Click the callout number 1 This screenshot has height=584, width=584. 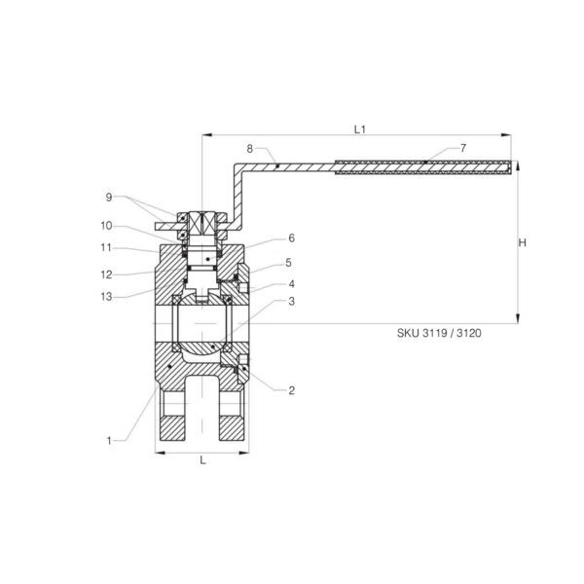click(x=109, y=441)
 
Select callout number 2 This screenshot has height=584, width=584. click(x=292, y=390)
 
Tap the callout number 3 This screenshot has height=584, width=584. click(x=292, y=301)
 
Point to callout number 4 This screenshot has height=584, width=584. click(x=292, y=284)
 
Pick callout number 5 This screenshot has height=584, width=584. click(x=289, y=263)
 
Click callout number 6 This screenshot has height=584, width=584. click(x=292, y=238)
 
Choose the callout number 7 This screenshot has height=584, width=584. click(x=463, y=148)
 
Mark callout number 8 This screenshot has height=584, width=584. click(x=250, y=149)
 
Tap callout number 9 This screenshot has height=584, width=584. click(x=109, y=197)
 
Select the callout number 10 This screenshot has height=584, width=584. click(x=106, y=226)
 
